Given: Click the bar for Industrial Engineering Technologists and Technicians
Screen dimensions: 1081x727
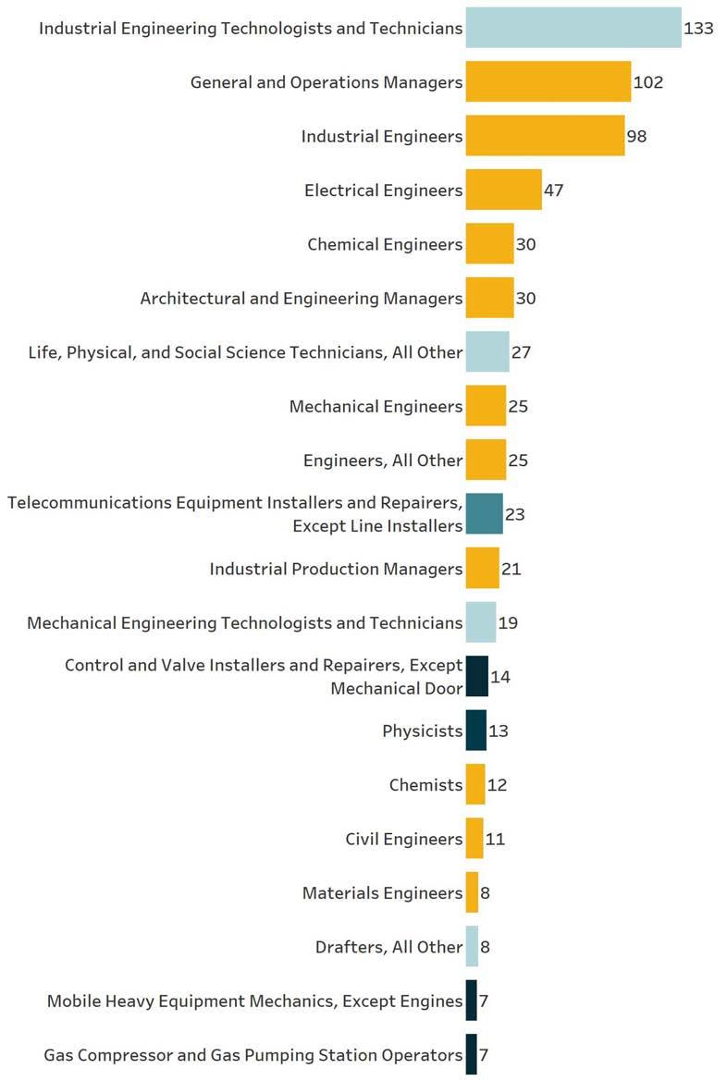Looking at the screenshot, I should coord(573,28).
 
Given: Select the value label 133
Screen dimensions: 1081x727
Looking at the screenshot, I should coord(698,29).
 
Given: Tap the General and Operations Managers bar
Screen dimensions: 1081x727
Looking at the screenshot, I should coord(548,82).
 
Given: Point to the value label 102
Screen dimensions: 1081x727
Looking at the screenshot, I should coord(648,82).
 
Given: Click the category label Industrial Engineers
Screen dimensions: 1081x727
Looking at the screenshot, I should coord(381,137).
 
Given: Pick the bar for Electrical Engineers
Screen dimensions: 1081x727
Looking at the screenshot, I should coord(503,190).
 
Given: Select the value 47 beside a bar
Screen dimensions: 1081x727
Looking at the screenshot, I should coord(554,190).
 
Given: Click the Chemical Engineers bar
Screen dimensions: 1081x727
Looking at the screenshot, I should coord(489,244).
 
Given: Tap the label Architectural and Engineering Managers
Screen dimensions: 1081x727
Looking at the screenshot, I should coord(301,299).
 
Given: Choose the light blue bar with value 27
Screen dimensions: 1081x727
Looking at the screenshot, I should coord(487,352).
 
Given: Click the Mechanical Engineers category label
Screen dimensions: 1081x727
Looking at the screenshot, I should coord(376,407).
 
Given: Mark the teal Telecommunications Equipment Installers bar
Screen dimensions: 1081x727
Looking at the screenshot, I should coord(484,514).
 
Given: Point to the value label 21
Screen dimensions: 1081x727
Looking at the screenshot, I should coord(511,569).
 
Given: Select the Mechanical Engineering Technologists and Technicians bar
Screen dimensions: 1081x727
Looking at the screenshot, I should coord(480,622).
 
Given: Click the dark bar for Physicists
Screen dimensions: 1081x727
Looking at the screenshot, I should coord(475,731).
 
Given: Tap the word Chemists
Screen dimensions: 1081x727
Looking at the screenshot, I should coord(425,785).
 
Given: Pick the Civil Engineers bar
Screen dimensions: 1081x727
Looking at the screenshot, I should coord(474,839).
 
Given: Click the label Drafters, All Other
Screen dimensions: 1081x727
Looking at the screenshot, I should coord(388,947).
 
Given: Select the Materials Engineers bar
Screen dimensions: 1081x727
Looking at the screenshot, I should coord(472,893).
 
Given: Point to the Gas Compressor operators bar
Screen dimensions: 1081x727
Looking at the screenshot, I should coord(471,1055).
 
